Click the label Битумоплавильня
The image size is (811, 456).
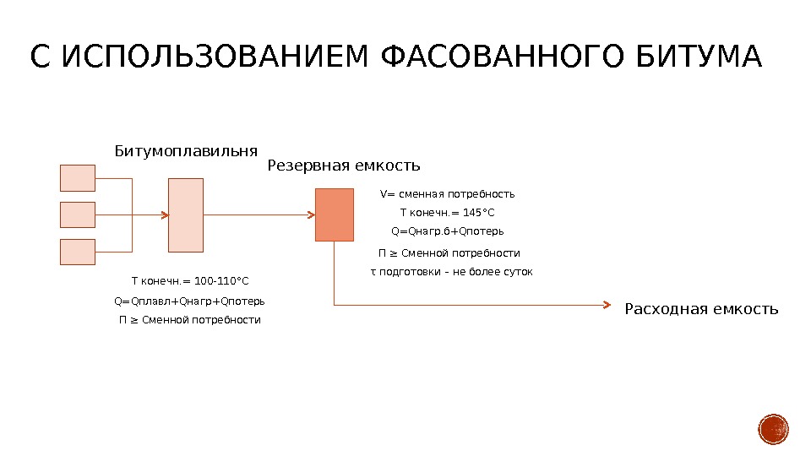coord(186,152)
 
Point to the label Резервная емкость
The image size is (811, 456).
coord(344,166)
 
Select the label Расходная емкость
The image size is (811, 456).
coord(701,310)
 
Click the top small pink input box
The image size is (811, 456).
coord(78,178)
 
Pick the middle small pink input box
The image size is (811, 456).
coord(78,214)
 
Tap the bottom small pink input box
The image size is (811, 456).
coord(78,252)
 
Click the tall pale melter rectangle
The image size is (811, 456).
coord(186,215)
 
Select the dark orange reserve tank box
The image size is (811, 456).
coord(335,215)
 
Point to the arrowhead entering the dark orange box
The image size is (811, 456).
coord(310,215)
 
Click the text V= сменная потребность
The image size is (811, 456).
coord(447,194)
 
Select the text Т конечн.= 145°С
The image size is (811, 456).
coord(447,212)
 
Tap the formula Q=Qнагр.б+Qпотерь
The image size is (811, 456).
coord(448,231)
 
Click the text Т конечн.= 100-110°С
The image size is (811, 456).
coord(190,281)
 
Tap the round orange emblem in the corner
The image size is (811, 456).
coord(773,430)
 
